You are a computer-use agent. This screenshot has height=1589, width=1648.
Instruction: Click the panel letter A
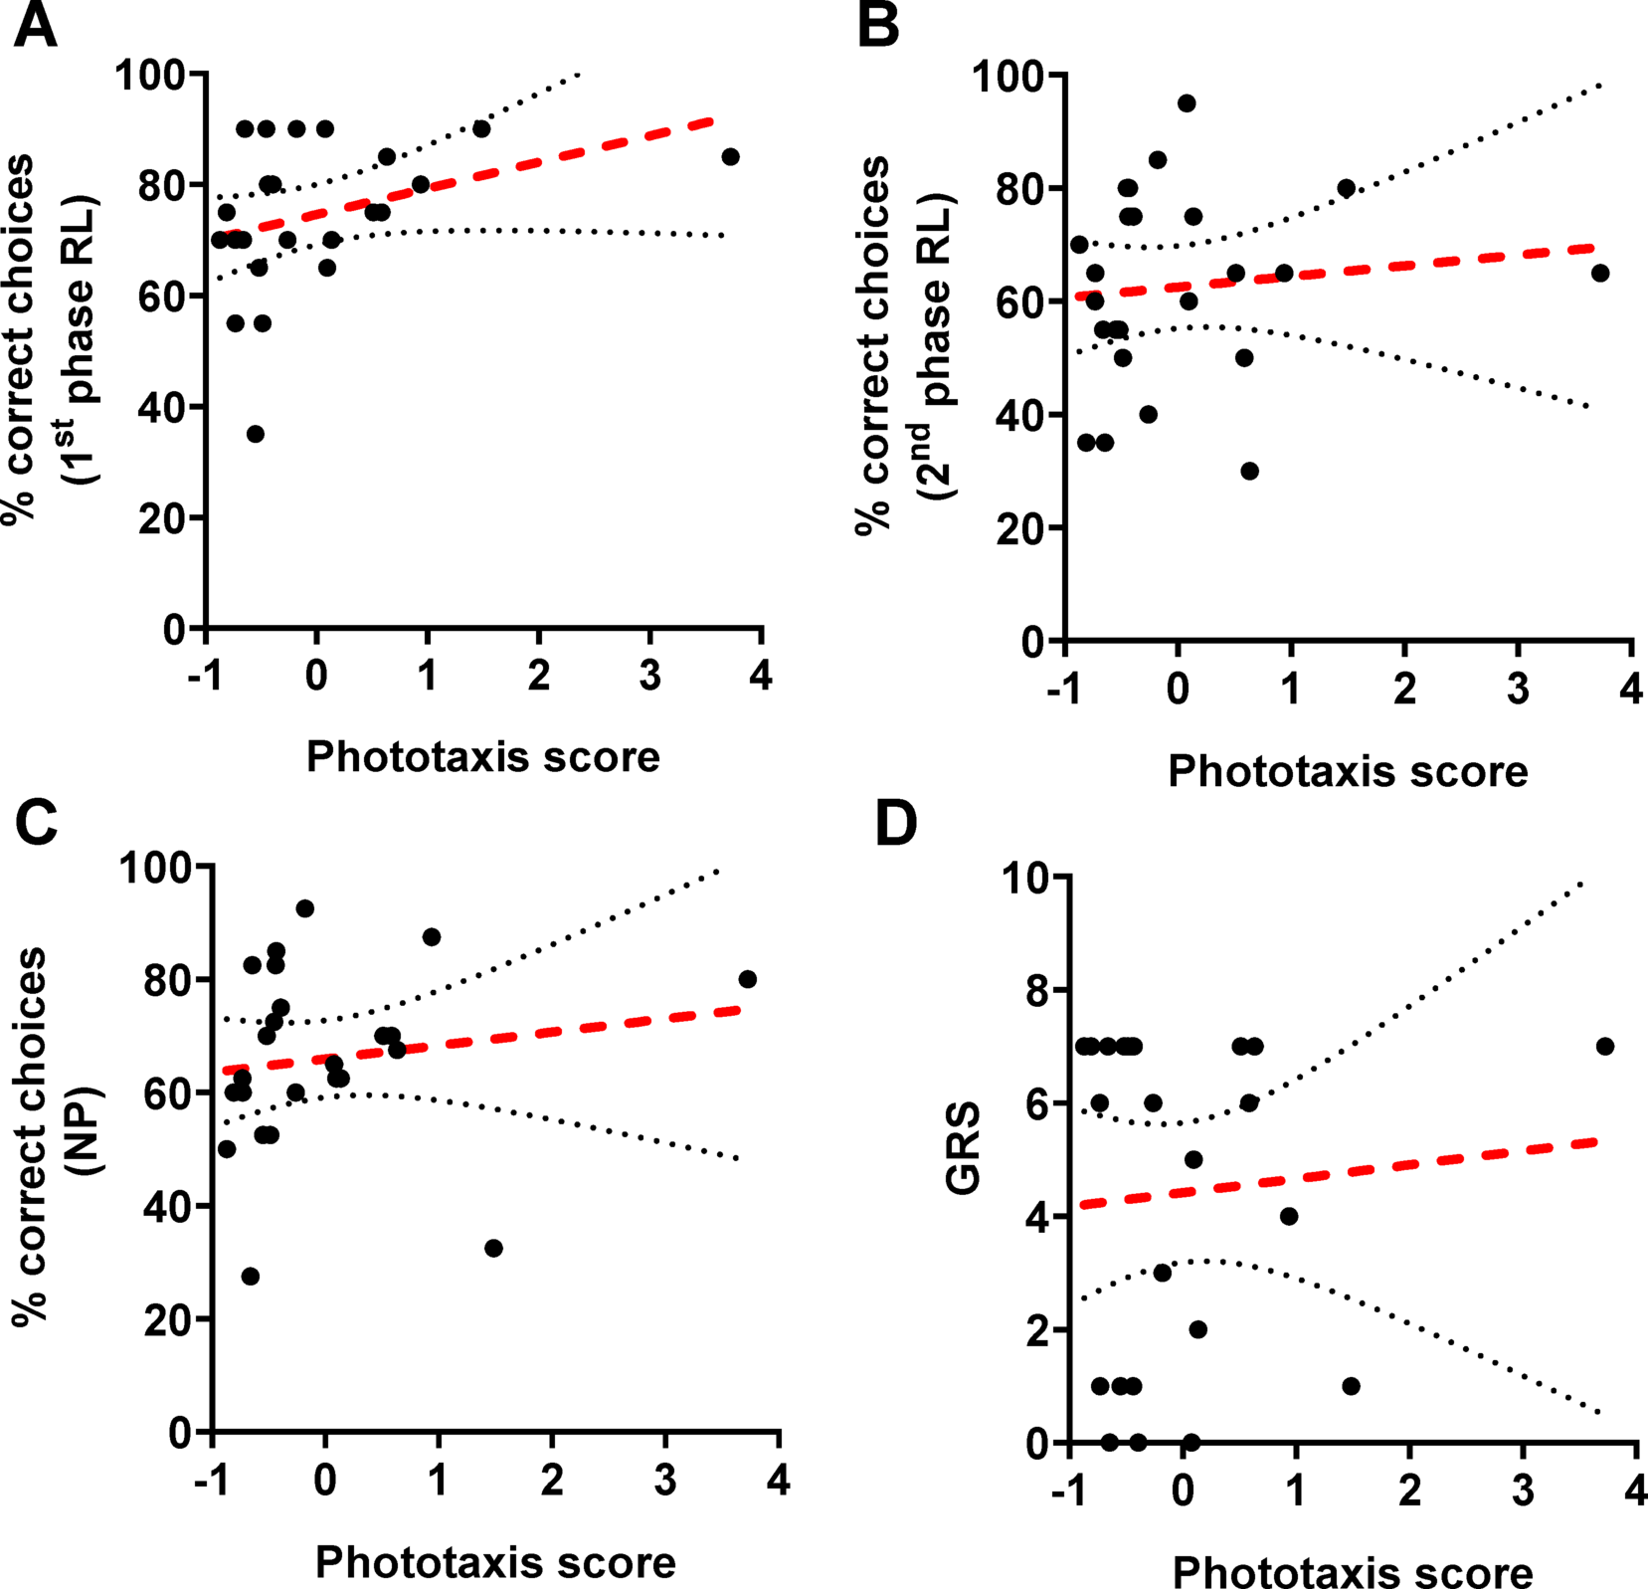tap(34, 26)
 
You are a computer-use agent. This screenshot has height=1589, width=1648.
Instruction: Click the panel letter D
tap(896, 824)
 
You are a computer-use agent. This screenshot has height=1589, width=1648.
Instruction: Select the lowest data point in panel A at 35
tap(256, 434)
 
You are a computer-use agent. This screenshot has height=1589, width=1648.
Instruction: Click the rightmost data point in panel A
tap(730, 156)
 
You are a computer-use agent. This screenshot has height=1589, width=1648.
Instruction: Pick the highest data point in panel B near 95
tap(1187, 103)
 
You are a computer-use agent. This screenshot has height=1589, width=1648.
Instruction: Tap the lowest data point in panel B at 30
tap(1250, 471)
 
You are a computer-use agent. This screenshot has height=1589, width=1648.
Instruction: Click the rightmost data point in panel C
tap(748, 979)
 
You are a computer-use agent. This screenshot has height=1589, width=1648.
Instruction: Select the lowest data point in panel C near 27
tap(251, 1276)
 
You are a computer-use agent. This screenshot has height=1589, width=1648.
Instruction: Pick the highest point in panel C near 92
tap(305, 908)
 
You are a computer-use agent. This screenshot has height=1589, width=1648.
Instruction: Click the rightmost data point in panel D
tap(1605, 1046)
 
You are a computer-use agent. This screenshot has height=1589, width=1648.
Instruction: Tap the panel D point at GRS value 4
tap(1290, 1216)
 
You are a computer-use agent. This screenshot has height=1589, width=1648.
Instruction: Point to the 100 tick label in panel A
tap(149, 75)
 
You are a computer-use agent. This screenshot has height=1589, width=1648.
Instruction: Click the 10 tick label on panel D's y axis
tap(1024, 878)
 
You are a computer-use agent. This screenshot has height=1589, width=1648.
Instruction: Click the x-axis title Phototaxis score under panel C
tap(495, 1562)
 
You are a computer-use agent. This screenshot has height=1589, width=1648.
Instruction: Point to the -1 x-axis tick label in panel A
tap(204, 676)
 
